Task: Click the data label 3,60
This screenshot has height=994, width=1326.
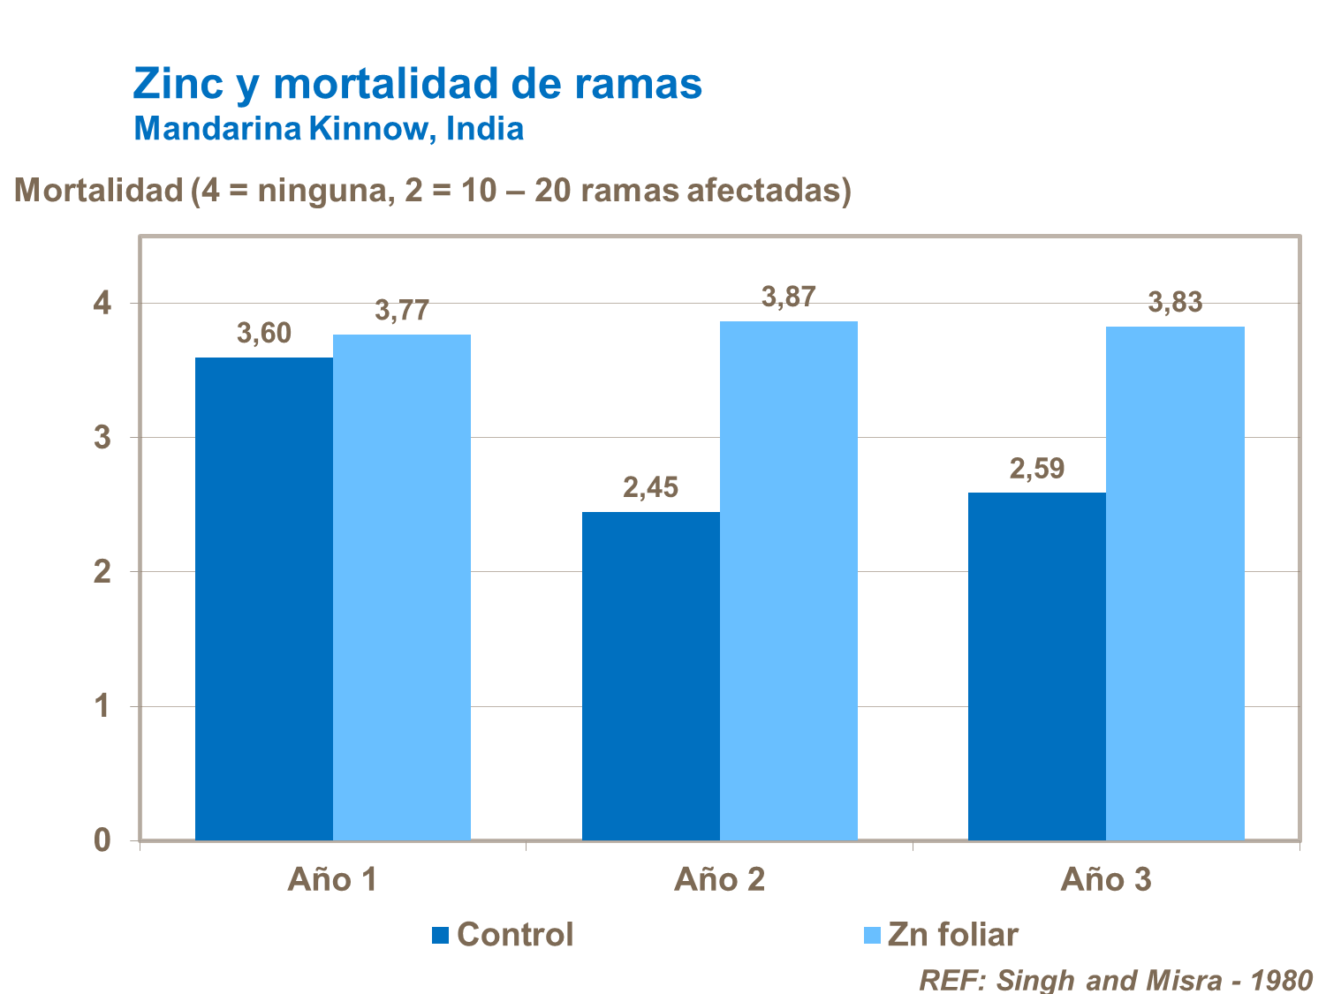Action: click(x=263, y=334)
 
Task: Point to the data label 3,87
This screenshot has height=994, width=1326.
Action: click(x=788, y=297)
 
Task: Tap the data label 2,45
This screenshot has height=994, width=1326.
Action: click(x=650, y=487)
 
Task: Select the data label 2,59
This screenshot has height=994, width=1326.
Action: click(x=1036, y=469)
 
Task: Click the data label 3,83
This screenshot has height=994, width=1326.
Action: click(x=1175, y=303)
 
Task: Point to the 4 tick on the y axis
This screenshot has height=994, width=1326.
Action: click(x=102, y=304)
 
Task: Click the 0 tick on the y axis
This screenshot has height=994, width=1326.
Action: click(x=102, y=840)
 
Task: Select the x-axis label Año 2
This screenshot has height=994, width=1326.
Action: click(x=719, y=880)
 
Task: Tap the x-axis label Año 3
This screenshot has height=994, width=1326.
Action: click(x=1105, y=880)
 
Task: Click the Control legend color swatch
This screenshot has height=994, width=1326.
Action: click(x=441, y=935)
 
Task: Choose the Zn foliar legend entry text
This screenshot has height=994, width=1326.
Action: click(x=952, y=935)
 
